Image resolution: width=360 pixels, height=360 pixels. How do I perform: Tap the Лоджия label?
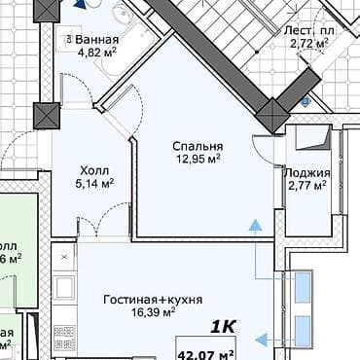[x=306, y=173]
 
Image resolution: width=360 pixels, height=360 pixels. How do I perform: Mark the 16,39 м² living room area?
[x=146, y=313]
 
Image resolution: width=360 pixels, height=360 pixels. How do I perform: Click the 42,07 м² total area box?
[x=206, y=351]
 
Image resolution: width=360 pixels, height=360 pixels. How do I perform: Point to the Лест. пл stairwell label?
[x=310, y=31]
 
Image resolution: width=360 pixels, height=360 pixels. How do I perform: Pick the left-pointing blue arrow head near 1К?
[x=261, y=340]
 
